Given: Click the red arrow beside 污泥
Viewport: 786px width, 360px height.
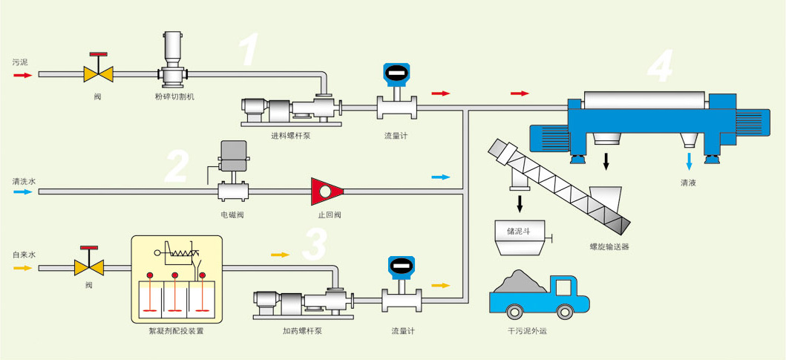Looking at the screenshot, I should [20, 75].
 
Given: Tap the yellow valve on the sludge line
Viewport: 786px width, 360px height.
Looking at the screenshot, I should [98, 73].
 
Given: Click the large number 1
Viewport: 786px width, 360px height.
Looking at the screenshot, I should [249, 50].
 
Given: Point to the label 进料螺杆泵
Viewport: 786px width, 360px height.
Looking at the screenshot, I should [290, 135].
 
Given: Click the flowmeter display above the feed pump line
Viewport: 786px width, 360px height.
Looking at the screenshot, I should [396, 73].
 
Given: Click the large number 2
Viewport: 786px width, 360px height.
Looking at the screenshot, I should [177, 166].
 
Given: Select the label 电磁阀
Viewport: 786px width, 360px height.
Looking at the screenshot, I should [232, 215].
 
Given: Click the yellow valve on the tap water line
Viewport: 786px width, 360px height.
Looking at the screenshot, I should [89, 265].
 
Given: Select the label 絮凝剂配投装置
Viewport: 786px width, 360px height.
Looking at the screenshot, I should [176, 332].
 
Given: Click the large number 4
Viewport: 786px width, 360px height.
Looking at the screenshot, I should [660, 67].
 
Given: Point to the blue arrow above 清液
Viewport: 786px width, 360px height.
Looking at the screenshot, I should [689, 161].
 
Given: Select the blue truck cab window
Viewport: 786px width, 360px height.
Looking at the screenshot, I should [566, 287].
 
